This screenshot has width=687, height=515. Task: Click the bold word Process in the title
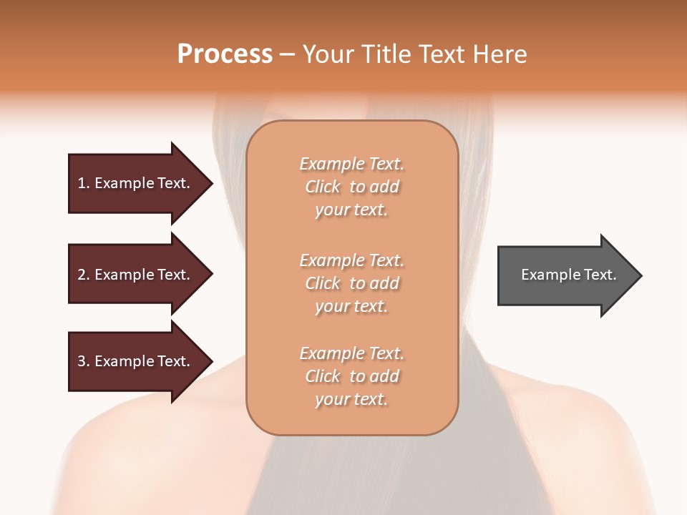click(225, 54)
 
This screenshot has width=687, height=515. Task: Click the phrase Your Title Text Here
click(414, 54)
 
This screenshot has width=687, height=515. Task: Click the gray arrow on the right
click(565, 275)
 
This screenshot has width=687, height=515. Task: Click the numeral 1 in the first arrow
click(82, 183)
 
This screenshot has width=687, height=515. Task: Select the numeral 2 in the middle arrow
click(82, 275)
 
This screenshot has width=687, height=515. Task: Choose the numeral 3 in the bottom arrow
click(82, 361)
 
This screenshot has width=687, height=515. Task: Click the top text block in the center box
click(351, 187)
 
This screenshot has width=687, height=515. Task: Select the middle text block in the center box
click(351, 283)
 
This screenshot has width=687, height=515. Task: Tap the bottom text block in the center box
click(351, 376)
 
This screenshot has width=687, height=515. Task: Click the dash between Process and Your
click(287, 55)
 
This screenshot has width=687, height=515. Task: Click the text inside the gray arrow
click(568, 275)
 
